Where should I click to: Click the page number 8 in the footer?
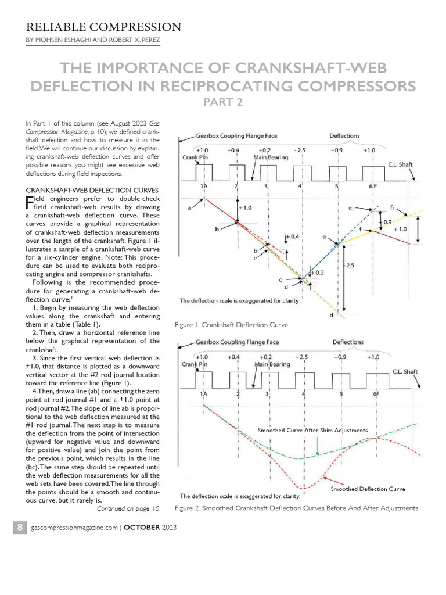point(20,527)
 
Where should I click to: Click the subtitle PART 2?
point(222,102)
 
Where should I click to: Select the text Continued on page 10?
point(128,509)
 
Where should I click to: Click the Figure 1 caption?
point(231,324)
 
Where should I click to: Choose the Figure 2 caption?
point(296,508)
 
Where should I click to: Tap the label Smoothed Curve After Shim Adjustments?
point(312,431)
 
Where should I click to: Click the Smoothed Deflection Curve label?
point(368,489)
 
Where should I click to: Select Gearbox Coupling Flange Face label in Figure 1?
point(236,136)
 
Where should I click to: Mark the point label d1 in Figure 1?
point(332,316)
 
